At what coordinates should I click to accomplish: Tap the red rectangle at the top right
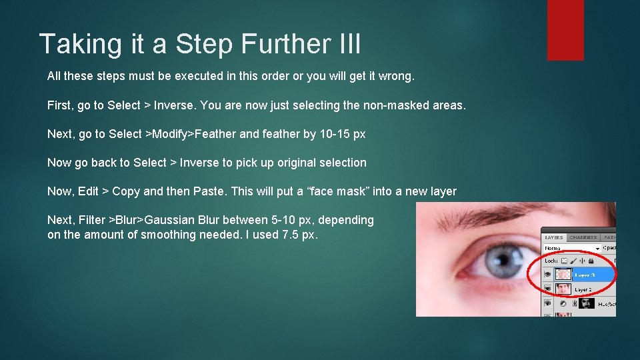pos(565,30)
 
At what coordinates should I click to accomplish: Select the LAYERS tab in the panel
pos(554,237)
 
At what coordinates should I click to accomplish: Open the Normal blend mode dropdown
pos(572,249)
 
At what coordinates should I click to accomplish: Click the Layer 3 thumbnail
pos(563,275)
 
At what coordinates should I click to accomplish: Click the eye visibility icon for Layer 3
pos(547,275)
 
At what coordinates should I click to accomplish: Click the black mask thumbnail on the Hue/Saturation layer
pos(587,303)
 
